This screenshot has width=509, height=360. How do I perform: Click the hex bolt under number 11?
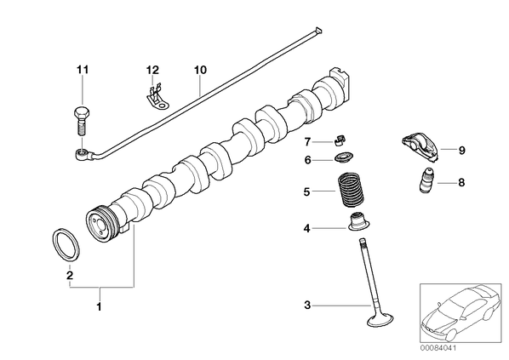(x=82, y=121)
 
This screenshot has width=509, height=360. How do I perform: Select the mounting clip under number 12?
(x=157, y=97)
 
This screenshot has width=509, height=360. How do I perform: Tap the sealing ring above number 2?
(x=66, y=245)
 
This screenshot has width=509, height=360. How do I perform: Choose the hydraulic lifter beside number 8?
(x=428, y=180)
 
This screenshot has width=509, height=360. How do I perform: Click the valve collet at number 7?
(x=340, y=140)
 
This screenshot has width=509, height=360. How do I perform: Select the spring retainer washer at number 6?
(x=344, y=158)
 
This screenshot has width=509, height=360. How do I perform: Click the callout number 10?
(x=200, y=70)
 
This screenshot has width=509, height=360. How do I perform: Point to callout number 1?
(x=100, y=306)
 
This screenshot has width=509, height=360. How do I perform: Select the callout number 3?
(x=307, y=306)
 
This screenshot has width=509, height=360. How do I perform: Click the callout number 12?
(x=152, y=70)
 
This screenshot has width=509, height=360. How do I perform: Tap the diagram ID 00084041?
(x=438, y=348)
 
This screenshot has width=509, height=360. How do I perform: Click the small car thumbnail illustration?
(x=461, y=313)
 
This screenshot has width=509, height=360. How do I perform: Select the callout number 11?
(x=83, y=70)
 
